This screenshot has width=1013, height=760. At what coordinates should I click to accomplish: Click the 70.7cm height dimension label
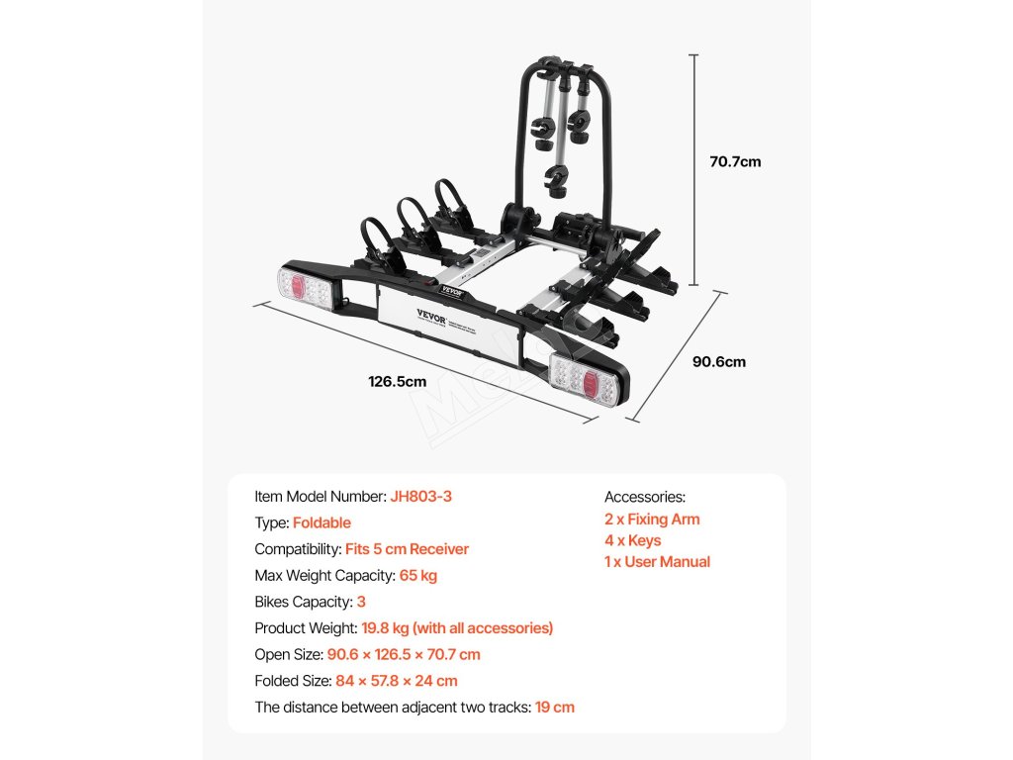tap(735, 161)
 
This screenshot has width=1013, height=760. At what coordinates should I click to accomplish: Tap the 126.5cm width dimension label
tap(397, 381)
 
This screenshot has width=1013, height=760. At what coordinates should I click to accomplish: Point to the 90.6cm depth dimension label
tap(719, 362)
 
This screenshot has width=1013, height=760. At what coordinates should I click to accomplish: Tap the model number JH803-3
tap(420, 497)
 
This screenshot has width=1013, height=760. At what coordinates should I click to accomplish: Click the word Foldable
tap(322, 522)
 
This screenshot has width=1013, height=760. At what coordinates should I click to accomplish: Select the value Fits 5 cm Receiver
tap(407, 549)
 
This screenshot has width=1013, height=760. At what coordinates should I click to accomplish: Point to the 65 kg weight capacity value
tap(418, 575)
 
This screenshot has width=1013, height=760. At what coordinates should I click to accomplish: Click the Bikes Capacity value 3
tap(361, 602)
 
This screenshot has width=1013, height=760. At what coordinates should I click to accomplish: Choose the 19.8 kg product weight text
tap(457, 627)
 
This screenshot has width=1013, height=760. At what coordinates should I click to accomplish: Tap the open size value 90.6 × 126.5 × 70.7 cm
tap(405, 654)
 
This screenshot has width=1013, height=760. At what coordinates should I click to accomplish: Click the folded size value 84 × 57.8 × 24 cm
tap(397, 681)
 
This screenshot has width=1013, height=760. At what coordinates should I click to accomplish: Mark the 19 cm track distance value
tap(554, 707)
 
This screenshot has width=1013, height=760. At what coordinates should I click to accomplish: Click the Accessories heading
tap(645, 497)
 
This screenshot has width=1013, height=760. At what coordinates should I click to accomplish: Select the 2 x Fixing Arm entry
tap(652, 519)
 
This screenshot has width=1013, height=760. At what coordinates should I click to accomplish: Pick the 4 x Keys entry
tap(633, 540)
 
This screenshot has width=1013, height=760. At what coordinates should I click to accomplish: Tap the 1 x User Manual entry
tap(657, 562)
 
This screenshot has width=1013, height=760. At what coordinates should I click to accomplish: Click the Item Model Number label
tap(320, 497)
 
